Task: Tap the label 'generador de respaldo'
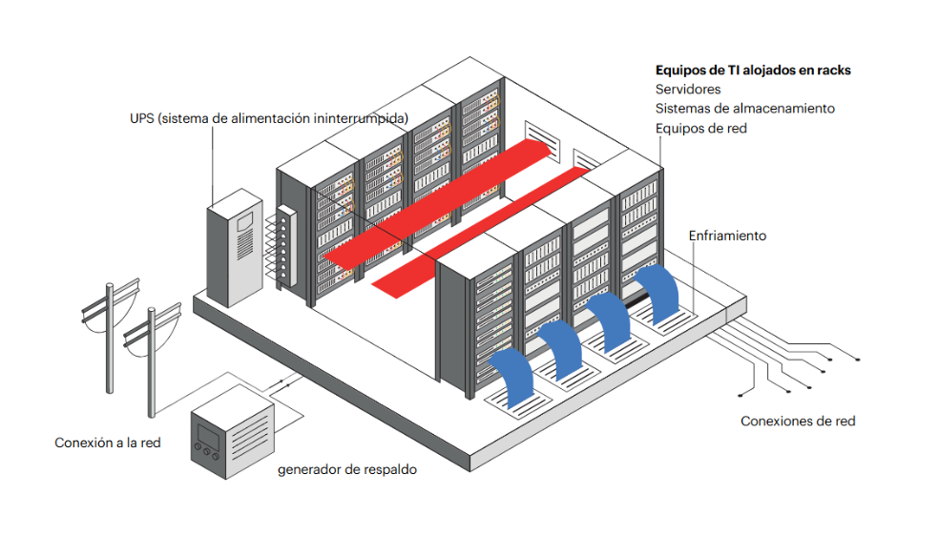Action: point(347,470)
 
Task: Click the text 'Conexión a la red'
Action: point(107,443)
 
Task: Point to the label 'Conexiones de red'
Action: point(798,421)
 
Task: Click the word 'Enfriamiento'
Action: point(727,236)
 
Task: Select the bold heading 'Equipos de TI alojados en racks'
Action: point(752,71)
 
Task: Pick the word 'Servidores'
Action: point(687,90)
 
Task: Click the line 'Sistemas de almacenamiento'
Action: point(744,109)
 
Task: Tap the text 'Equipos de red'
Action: point(700,128)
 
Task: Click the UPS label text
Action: point(269,118)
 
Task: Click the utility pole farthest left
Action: point(108,334)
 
